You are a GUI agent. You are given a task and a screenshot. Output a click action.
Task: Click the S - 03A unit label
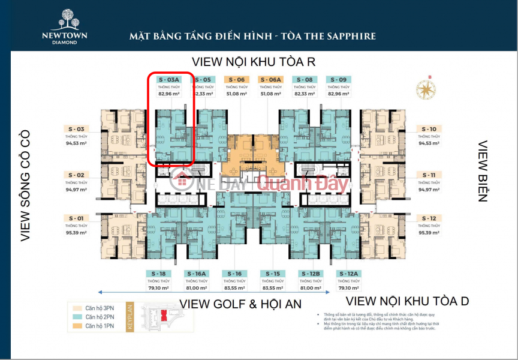[168, 79]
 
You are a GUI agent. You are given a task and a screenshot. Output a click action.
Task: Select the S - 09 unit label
[339, 79]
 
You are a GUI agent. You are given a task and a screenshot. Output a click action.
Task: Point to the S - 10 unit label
[429, 129]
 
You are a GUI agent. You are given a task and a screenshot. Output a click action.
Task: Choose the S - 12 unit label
[429, 218]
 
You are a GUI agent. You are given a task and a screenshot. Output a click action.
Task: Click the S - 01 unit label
[76, 218]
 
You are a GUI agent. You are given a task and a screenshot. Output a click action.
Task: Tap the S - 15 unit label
[271, 274]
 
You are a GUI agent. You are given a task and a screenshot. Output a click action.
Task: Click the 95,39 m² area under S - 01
[76, 232]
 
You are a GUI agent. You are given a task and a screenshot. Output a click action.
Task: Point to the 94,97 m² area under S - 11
[429, 189]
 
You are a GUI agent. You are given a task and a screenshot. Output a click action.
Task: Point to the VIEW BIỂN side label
[483, 171]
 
